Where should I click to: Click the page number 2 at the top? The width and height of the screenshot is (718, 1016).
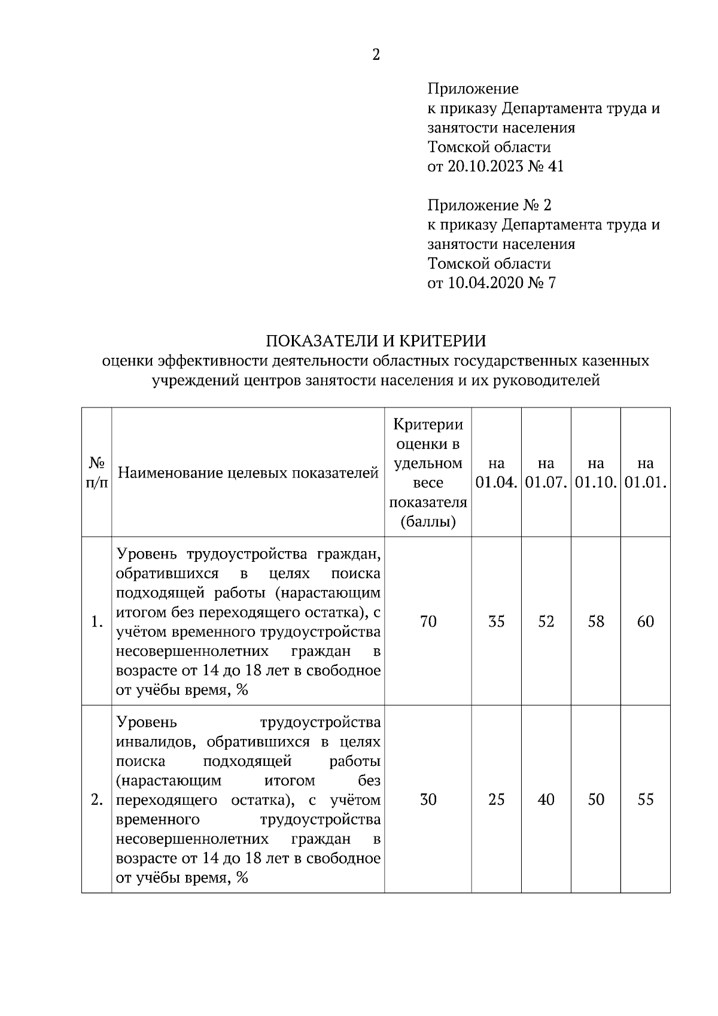(376, 55)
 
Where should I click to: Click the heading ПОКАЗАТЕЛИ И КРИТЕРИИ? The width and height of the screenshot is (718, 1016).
(376, 341)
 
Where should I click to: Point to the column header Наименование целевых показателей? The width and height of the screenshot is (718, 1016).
(248, 473)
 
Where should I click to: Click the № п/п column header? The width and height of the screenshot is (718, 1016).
(97, 473)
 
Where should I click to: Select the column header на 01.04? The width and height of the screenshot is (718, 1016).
(496, 473)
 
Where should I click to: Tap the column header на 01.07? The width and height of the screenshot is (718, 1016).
(546, 473)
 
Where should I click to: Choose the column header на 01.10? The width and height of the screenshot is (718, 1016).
(595, 473)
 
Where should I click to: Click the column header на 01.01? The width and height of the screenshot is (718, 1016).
(645, 473)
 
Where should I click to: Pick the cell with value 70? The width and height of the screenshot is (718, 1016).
(428, 622)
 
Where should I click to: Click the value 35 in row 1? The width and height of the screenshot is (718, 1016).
(496, 622)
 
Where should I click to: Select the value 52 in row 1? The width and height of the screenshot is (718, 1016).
(546, 622)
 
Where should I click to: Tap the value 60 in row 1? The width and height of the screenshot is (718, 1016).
(645, 622)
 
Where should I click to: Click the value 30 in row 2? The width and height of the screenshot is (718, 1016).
(428, 799)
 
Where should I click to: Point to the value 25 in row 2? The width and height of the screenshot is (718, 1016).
(496, 799)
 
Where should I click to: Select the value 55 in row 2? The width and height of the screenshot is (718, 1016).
(645, 799)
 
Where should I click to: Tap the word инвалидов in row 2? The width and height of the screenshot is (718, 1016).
(157, 743)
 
